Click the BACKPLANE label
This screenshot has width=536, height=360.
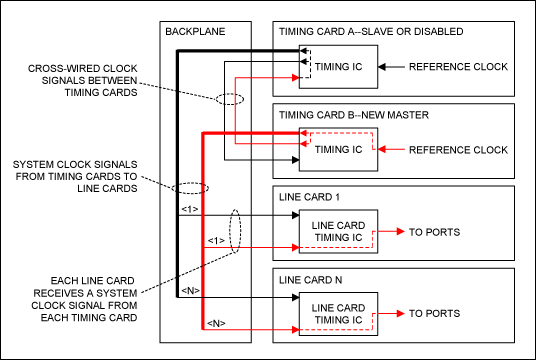pyautogui.click(x=196, y=31)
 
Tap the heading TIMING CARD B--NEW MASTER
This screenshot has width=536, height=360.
pyautogui.click(x=355, y=115)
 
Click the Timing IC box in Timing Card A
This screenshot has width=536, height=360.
pyautogui.click(x=337, y=67)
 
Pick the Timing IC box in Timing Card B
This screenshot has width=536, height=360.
pyautogui.click(x=337, y=150)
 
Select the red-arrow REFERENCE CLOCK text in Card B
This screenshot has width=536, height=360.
pyautogui.click(x=460, y=150)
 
